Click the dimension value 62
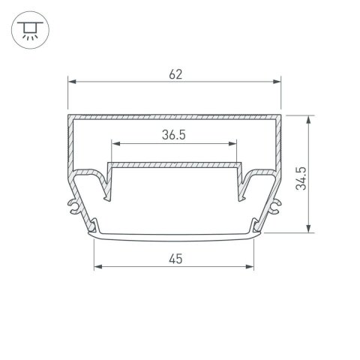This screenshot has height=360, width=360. click(x=175, y=73)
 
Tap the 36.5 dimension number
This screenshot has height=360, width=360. click(x=174, y=135)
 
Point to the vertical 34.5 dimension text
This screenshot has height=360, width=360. click(x=300, y=175)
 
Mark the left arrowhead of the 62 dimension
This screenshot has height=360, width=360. click(x=72, y=82)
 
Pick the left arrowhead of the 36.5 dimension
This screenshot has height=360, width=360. click(x=114, y=144)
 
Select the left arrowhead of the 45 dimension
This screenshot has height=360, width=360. click(x=95, y=267)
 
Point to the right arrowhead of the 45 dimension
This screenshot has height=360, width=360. click(x=255, y=267)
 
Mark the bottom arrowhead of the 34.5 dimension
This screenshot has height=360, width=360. click(x=308, y=229)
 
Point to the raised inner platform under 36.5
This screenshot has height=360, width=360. click(x=175, y=163)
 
